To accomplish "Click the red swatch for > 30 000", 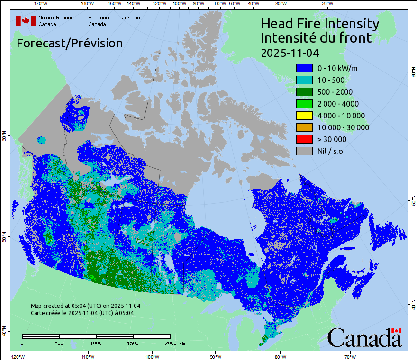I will point(304,139).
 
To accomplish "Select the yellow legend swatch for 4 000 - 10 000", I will point(304,116).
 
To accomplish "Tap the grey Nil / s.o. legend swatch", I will point(304,151).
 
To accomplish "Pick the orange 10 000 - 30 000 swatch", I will point(304,127).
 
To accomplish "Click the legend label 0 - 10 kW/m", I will point(337,68).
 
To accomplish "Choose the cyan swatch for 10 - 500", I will point(304,80).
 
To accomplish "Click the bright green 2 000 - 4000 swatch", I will point(304,104).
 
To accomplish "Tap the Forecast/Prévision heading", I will point(70,43).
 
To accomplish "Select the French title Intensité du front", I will point(316,38).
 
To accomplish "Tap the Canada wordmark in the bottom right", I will point(364,337).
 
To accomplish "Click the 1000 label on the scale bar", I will point(96,343).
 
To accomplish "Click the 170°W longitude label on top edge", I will point(41,4).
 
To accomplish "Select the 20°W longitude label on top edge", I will point(326,4).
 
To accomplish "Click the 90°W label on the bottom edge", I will point(216,356).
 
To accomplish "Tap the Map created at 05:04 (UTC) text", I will point(85,306).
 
